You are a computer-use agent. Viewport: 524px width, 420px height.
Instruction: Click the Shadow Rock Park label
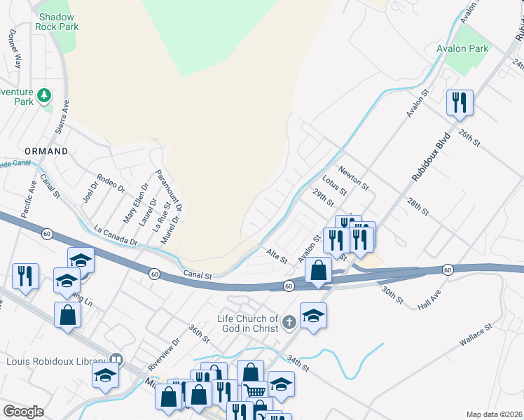[x=59, y=22]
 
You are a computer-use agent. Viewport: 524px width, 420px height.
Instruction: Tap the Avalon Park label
[x=462, y=49]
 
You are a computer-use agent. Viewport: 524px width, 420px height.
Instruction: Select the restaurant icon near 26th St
[x=460, y=102]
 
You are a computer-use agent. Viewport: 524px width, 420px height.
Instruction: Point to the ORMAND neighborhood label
[x=46, y=151]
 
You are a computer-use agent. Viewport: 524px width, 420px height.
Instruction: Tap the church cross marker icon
[x=289, y=323]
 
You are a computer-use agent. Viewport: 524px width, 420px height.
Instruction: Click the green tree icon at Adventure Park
[x=43, y=94]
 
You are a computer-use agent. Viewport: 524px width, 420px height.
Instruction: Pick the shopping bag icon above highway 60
[x=318, y=270]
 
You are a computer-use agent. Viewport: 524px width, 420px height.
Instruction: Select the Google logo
[x=24, y=412]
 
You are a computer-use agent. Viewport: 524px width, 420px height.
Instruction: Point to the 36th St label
[x=200, y=333]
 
